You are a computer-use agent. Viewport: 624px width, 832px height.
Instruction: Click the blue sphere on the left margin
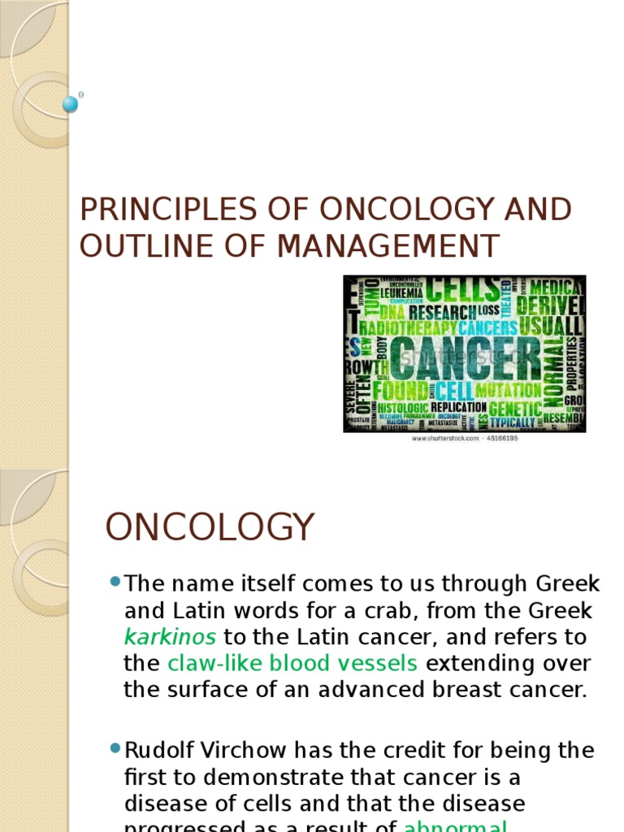71,104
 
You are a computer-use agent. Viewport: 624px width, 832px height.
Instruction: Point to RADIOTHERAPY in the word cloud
407,328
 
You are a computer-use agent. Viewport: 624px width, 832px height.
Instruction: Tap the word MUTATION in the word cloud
508,391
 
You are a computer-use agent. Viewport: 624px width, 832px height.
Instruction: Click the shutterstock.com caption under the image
464,438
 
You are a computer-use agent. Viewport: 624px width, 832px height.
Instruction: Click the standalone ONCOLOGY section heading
210,528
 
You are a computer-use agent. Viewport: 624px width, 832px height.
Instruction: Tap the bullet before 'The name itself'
115,582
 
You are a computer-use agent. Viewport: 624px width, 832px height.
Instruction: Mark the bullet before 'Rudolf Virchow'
115,747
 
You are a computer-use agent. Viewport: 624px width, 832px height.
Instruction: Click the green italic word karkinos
170,636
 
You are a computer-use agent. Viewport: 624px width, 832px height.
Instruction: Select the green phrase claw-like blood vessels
292,663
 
